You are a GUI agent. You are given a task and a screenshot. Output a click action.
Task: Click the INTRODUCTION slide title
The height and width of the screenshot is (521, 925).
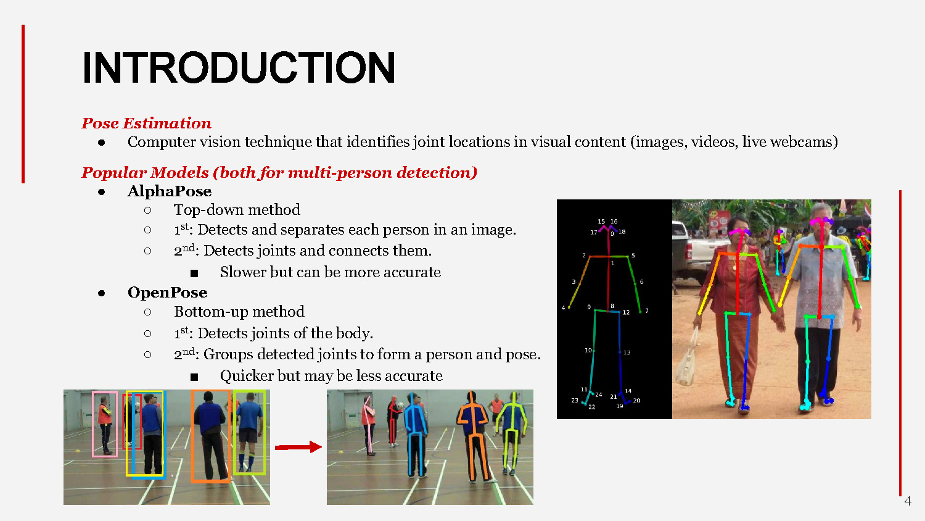click(239, 68)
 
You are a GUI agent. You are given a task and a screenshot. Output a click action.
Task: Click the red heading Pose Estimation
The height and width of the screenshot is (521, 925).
click(146, 123)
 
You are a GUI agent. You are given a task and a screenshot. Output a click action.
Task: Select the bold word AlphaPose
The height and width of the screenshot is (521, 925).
click(170, 191)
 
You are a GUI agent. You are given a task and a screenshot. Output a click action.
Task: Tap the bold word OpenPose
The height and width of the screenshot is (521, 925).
click(167, 293)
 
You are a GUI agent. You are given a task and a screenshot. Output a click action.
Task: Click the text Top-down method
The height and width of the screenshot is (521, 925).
click(237, 210)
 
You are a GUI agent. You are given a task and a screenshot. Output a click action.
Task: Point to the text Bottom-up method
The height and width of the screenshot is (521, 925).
click(239, 312)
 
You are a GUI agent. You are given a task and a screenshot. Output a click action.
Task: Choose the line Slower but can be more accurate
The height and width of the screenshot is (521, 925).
click(330, 272)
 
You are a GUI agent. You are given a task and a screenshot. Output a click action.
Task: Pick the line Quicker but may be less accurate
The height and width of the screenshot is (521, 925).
click(331, 376)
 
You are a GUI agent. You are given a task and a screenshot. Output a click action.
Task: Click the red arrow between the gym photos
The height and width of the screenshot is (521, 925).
click(298, 447)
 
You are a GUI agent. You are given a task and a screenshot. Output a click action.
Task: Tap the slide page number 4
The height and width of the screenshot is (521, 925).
click(908, 501)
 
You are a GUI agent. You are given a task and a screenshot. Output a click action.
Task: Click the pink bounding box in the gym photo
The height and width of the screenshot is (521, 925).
click(105, 424)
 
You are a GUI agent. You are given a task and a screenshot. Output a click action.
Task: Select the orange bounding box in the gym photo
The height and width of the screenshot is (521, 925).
click(210, 436)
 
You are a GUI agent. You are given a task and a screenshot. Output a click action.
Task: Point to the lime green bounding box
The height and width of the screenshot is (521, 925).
click(249, 432)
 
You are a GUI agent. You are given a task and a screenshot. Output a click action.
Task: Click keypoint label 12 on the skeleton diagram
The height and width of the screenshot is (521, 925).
click(626, 312)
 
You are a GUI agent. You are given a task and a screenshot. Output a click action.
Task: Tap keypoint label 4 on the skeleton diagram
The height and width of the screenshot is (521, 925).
click(563, 307)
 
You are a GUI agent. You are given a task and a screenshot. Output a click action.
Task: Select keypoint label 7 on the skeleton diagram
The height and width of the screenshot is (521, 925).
click(647, 311)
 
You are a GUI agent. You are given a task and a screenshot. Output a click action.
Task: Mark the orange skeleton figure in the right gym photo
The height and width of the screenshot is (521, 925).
click(473, 435)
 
